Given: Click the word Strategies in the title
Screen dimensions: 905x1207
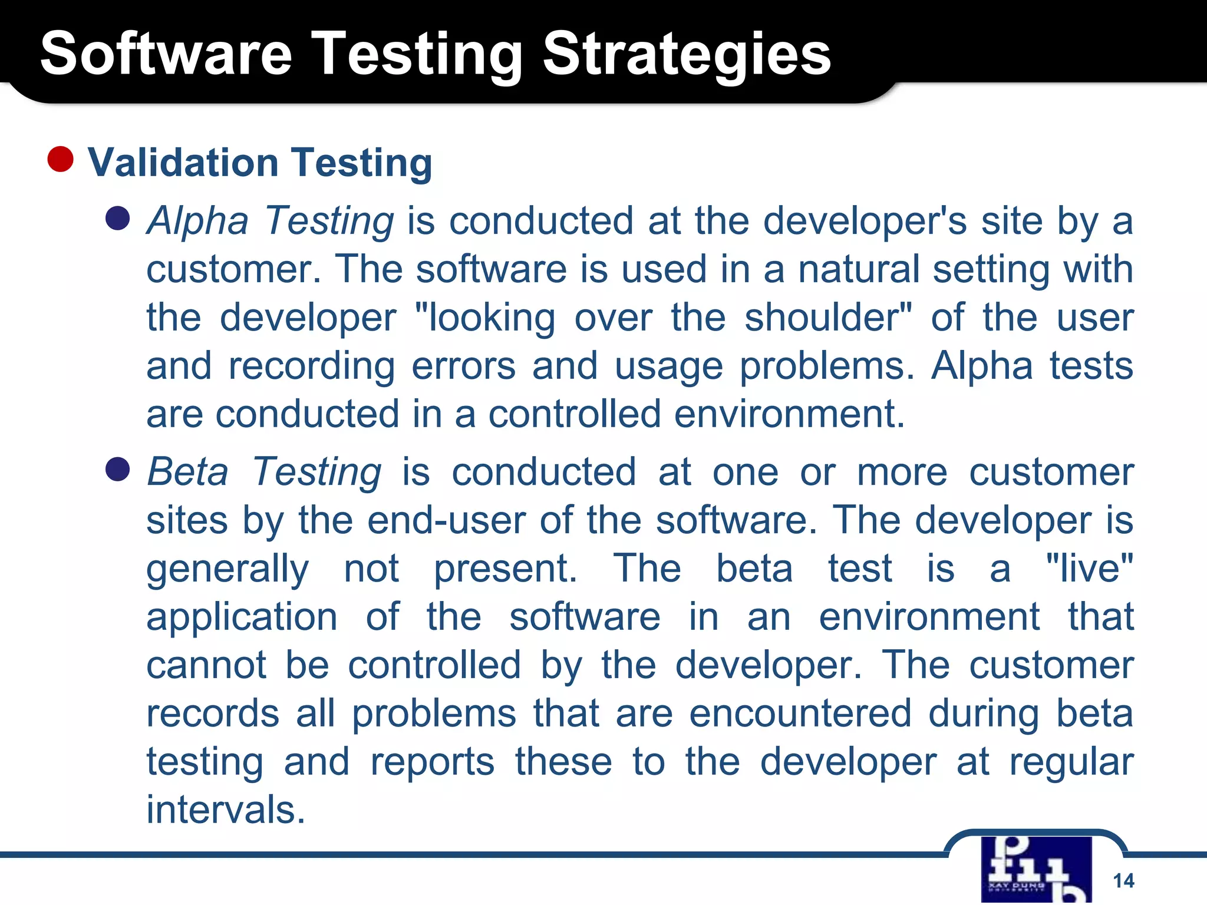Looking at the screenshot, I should (x=686, y=54).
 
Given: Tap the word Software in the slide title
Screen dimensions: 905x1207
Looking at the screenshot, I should (x=166, y=54).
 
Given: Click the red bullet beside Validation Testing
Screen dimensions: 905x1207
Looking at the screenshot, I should (x=60, y=159).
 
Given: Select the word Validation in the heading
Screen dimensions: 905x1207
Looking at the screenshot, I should (x=183, y=163).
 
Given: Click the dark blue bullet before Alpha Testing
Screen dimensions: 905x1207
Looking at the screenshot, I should (x=117, y=218).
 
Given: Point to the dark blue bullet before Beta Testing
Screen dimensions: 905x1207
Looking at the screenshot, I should (x=117, y=470).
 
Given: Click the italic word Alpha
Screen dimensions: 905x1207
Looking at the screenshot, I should (x=197, y=222).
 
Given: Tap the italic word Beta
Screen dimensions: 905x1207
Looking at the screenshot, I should (x=187, y=473).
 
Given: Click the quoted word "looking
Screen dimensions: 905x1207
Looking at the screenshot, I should (x=484, y=318).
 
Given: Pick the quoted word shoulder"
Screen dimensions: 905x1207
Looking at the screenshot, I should (x=828, y=318).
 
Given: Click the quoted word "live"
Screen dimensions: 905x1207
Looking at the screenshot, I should (x=1089, y=569).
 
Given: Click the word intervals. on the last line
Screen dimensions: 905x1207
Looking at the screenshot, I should (x=226, y=810).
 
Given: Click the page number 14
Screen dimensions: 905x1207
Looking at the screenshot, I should (x=1123, y=881).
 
